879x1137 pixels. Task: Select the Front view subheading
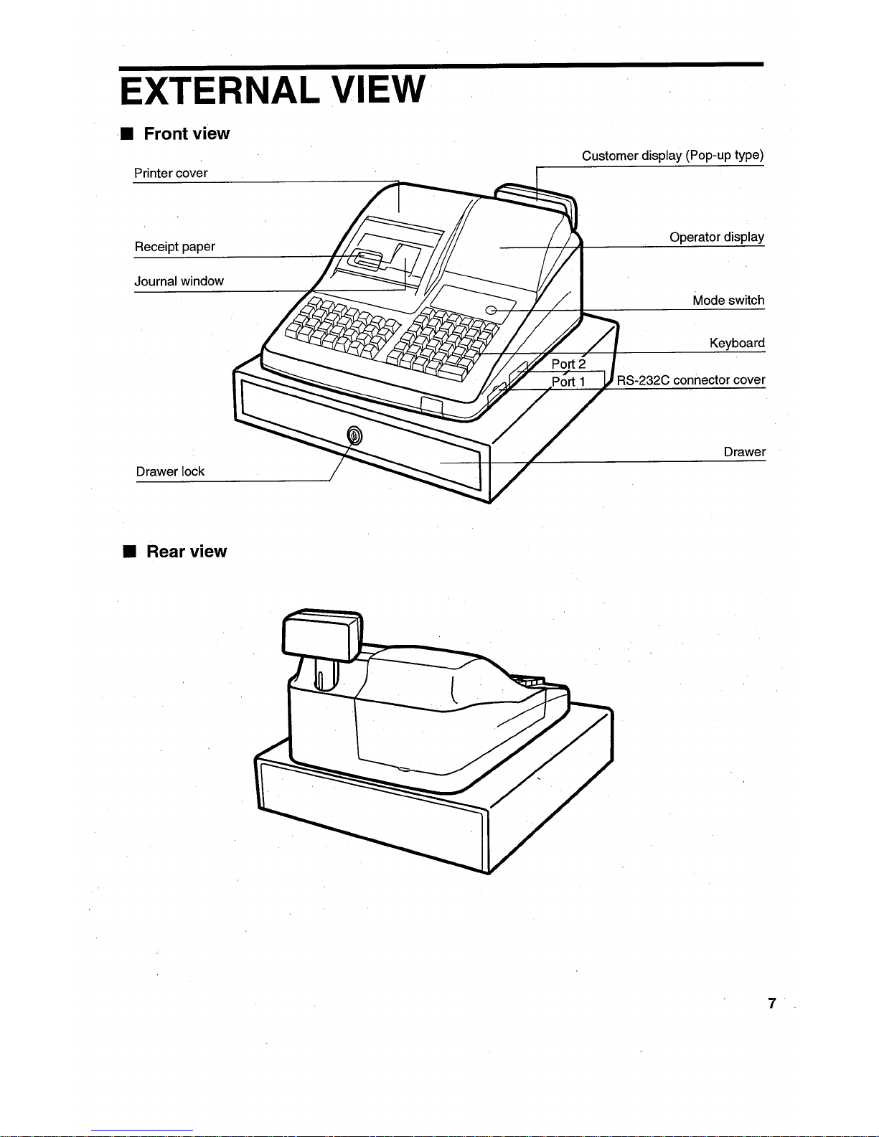point(187,134)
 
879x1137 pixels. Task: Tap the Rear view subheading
point(187,552)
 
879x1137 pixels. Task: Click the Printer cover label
point(171,174)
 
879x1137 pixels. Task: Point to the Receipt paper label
point(174,247)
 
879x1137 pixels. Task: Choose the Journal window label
point(179,281)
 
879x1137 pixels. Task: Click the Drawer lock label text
point(170,471)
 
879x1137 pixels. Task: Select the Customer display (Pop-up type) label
point(672,156)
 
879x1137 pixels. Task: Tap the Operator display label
point(716,237)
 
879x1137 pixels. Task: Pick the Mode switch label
point(728,301)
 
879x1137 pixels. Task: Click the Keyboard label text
point(736,343)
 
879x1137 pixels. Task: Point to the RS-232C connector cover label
point(690,380)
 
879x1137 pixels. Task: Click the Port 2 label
point(568,364)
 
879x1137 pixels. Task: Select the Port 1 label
point(568,382)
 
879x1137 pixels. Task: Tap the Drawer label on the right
point(744,452)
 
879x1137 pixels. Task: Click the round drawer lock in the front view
point(354,435)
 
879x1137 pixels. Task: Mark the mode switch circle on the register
point(491,310)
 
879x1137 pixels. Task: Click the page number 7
point(771,1004)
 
